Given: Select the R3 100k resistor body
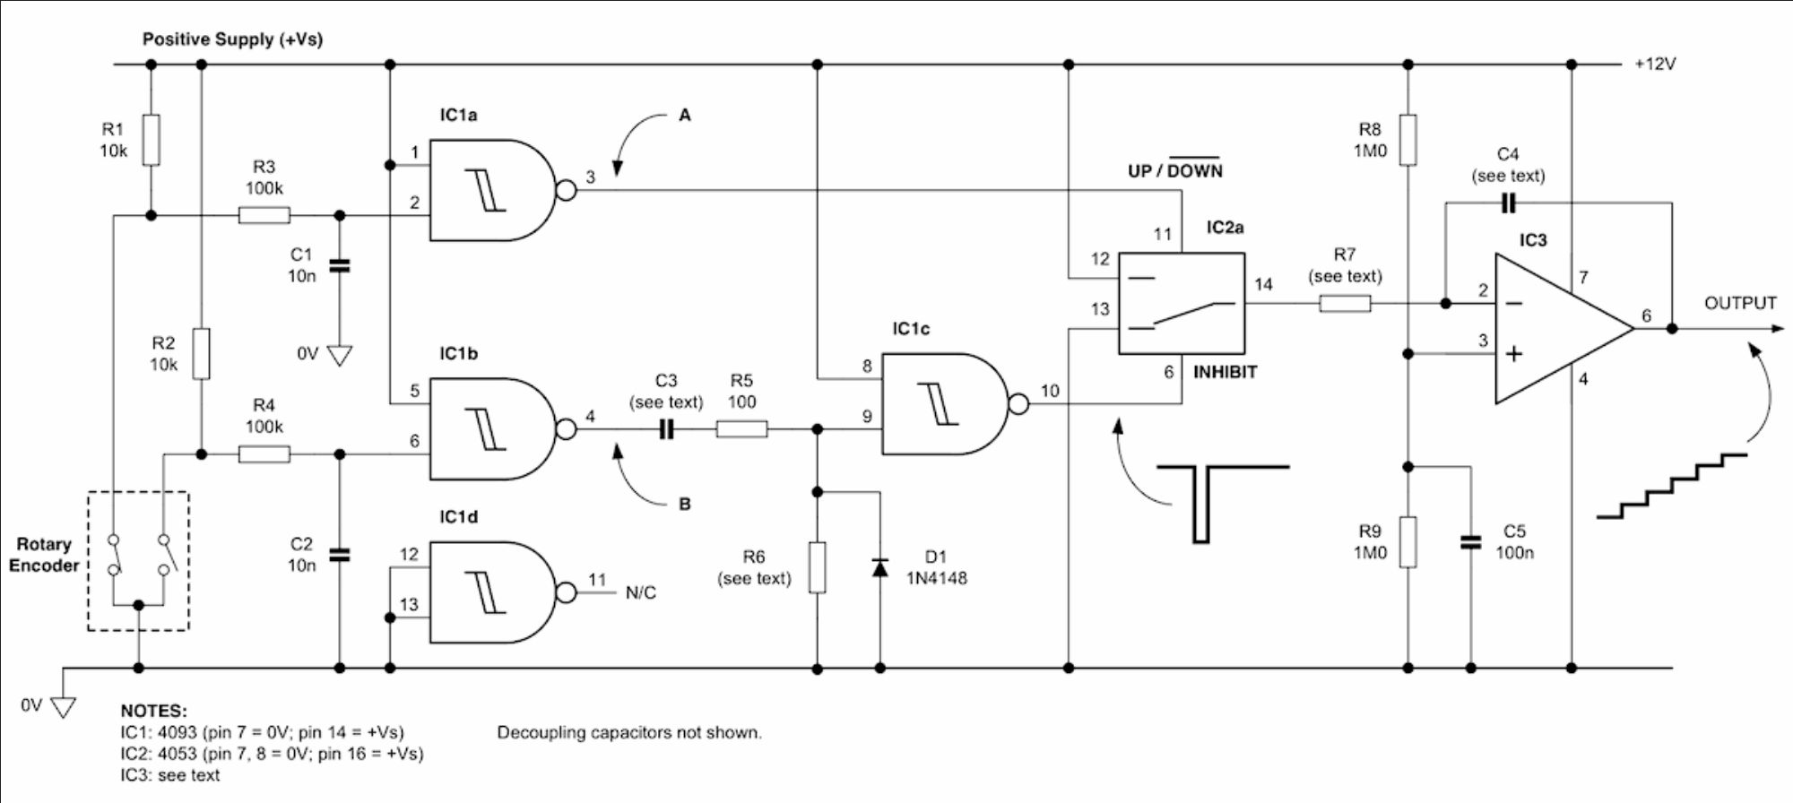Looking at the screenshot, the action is click(x=264, y=215).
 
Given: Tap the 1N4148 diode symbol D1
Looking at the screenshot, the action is click(x=880, y=567).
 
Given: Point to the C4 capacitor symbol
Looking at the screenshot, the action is click(x=1508, y=203).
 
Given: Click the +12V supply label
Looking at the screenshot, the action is click(x=1655, y=65).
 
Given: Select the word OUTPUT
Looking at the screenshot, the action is click(x=1740, y=303).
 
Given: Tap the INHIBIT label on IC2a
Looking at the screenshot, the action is click(x=1225, y=372).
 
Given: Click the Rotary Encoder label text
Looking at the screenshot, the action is click(x=44, y=555).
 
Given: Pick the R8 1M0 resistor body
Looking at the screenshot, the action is click(x=1408, y=140).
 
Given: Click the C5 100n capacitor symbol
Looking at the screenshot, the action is click(x=1470, y=542).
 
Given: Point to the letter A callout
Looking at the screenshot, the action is click(x=685, y=115).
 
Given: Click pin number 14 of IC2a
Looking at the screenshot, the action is click(x=1263, y=284).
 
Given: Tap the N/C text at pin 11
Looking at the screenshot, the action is click(x=640, y=592).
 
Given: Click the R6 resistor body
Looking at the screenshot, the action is click(x=818, y=567).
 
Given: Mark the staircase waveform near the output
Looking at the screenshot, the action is click(x=1672, y=487).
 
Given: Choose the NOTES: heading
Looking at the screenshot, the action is click(x=153, y=711).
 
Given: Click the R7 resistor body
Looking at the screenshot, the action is click(x=1345, y=304).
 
